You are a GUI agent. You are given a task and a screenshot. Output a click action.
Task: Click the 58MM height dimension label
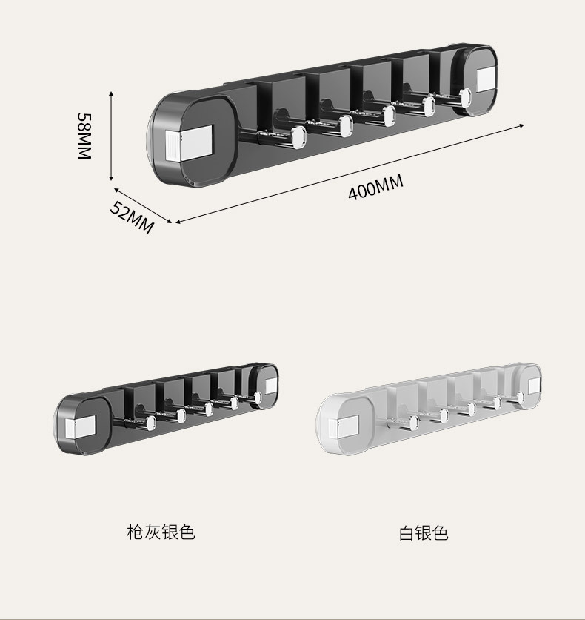[84, 136]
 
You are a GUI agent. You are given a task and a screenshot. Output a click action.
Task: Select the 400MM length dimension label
[376, 187]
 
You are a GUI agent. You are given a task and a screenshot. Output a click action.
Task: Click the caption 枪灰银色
[161, 532]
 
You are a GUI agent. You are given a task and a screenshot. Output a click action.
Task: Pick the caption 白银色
[424, 532]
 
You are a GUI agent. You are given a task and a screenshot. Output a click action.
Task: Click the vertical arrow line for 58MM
[111, 136]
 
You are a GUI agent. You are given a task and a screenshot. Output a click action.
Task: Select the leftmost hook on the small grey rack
[149, 423]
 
